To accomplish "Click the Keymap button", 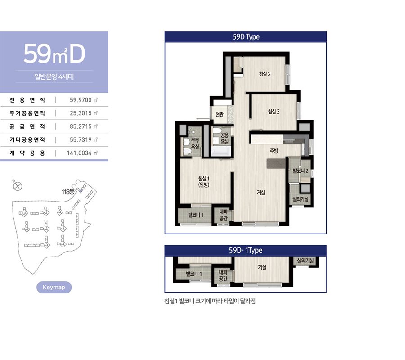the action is tap(54, 287).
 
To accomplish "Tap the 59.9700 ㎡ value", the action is tap(84, 100).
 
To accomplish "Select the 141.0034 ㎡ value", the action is tap(82, 153).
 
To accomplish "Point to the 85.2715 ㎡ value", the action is tap(84, 126).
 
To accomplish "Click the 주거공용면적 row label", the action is tap(27, 113).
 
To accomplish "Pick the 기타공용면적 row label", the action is tap(27, 139).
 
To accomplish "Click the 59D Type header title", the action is tap(246, 37).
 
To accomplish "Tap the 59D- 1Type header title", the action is tap(246, 251).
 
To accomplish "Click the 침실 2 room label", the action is tap(265, 74).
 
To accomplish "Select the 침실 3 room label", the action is tap(274, 112).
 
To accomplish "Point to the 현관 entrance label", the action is tap(220, 114).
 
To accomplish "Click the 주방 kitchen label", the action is tap(274, 151).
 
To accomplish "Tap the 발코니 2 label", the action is tap(301, 171).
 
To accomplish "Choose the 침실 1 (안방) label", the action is tap(204, 181).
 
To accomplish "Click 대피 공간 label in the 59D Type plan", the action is tap(223, 215).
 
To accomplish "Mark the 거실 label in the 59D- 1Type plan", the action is tap(262, 267).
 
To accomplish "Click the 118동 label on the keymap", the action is tap(68, 192).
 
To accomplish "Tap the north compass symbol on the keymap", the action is tap(17, 186).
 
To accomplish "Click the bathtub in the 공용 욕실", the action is tap(221, 151).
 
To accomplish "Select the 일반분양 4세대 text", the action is tap(54, 76).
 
